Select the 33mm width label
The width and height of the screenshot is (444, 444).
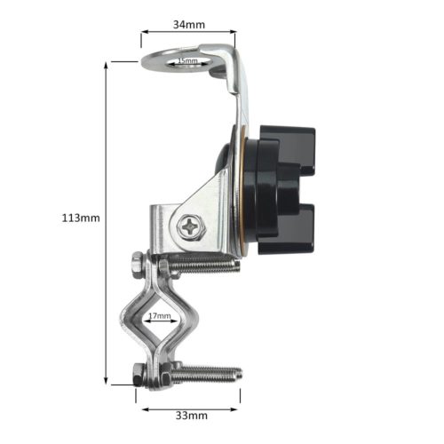(x=190, y=414)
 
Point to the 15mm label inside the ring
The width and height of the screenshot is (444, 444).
(x=188, y=60)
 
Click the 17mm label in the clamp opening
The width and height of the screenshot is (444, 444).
(x=160, y=313)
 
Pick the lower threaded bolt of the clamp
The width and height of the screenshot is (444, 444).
(x=204, y=373)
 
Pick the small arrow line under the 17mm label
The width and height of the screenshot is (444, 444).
(x=160, y=322)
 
